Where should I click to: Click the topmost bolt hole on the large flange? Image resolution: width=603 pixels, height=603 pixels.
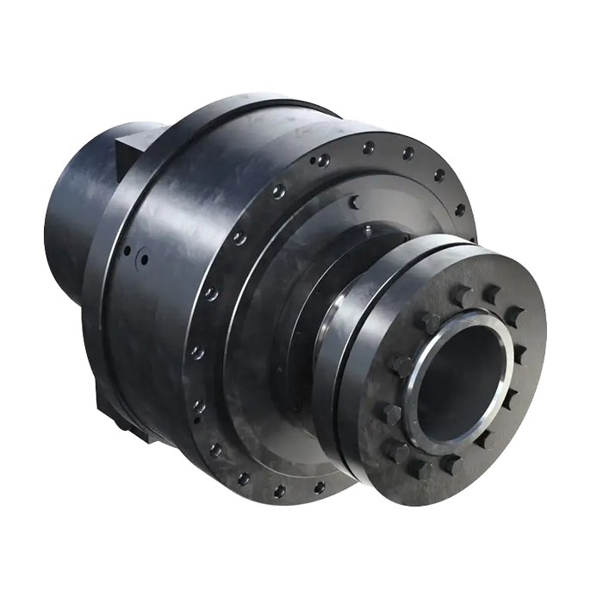tap(369, 147)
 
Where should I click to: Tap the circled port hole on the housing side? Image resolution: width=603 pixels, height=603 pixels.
tap(144, 258)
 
